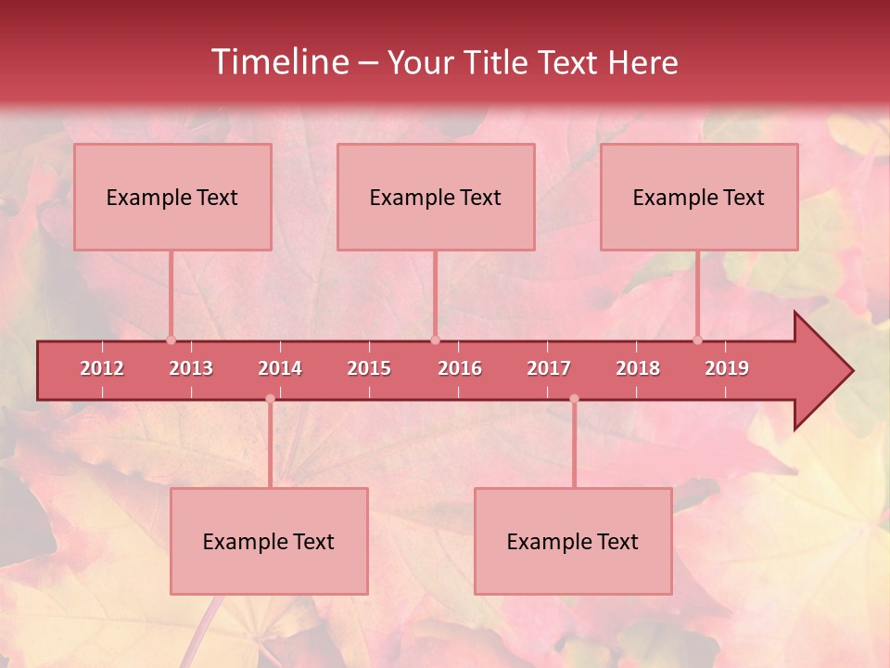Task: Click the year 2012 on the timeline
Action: pos(102,368)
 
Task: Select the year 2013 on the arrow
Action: pos(191,368)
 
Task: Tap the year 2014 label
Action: pos(280,368)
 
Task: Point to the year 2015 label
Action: pos(369,368)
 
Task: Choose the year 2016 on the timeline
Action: pos(460,368)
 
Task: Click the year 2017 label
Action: pos(549,368)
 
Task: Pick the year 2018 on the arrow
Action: pos(638,368)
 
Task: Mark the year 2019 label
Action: pos(727,368)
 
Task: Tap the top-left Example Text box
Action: pos(172,197)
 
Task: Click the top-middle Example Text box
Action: pos(436,197)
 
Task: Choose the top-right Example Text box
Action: pos(699,197)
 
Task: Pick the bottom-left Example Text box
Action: pos(269,541)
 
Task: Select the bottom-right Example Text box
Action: pos(573,541)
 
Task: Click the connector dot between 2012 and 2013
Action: pos(171,340)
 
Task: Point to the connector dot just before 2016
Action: pos(435,340)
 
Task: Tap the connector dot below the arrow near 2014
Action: pos(270,399)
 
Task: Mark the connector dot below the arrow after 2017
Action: pos(574,399)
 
